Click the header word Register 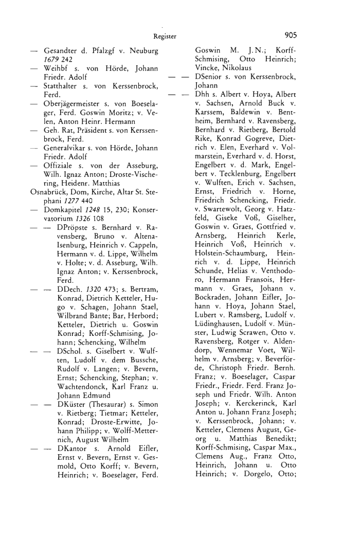(x=165, y=37)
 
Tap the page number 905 (x=290, y=36)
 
